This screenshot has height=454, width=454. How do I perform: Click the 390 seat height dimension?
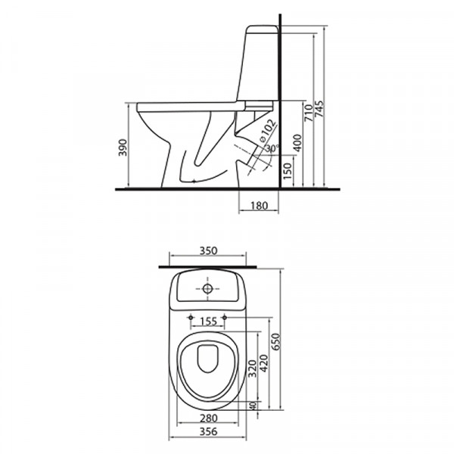tap(123, 148)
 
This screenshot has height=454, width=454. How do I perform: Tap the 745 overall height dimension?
tap(319, 109)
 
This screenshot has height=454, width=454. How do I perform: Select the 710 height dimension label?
tap(309, 113)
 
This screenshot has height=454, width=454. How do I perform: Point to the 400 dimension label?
tap(297, 143)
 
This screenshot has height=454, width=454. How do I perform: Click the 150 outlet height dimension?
tap(288, 171)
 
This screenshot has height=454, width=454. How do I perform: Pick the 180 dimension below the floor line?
tap(259, 206)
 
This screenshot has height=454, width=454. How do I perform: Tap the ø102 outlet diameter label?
tap(266, 131)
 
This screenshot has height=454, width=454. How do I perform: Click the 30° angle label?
tap(272, 148)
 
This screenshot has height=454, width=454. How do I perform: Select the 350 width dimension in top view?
tap(208, 250)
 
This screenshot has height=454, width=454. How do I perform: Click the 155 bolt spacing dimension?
tap(209, 322)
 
